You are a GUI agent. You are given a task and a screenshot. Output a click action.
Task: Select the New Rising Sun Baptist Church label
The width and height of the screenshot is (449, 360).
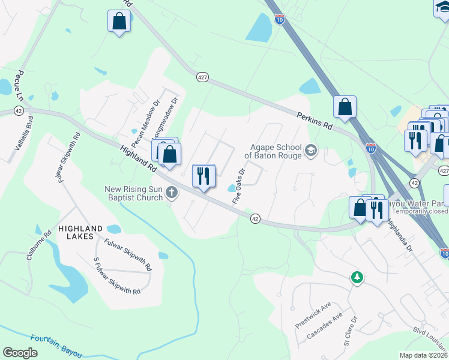click(x=134, y=193)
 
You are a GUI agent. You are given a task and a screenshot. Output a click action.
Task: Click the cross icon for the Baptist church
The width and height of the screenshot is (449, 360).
click(x=172, y=193)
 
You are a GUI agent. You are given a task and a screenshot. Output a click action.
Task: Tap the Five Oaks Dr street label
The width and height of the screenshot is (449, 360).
click(x=238, y=187)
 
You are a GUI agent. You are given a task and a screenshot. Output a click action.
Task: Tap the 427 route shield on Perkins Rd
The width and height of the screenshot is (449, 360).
click(x=202, y=77)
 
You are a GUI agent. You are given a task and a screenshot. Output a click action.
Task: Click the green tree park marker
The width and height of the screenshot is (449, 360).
click(x=357, y=277)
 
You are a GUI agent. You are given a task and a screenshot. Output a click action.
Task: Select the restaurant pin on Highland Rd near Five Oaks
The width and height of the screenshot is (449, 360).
click(x=203, y=176)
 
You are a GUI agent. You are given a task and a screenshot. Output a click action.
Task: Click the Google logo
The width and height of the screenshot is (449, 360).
click(x=20, y=353)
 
